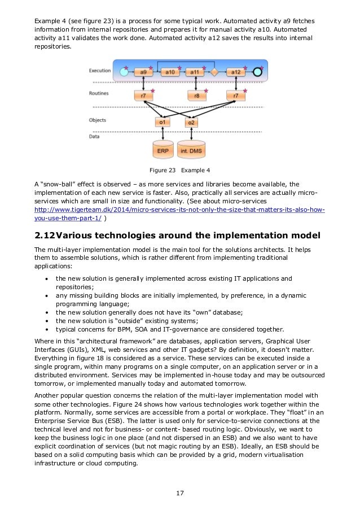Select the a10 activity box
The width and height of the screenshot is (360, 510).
(169, 72)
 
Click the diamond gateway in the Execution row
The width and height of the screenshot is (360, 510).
(214, 72)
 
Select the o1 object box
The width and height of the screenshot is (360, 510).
(163, 123)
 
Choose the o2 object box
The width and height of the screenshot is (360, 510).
(191, 123)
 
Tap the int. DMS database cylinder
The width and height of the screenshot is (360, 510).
(191, 149)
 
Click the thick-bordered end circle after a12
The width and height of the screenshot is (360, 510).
(257, 72)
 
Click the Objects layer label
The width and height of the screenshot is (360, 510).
(98, 120)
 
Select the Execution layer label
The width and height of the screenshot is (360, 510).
(99, 71)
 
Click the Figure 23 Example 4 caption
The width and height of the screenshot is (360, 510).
(179, 169)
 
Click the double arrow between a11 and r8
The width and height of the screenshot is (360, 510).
(195, 84)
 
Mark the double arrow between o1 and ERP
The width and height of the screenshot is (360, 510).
(163, 134)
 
